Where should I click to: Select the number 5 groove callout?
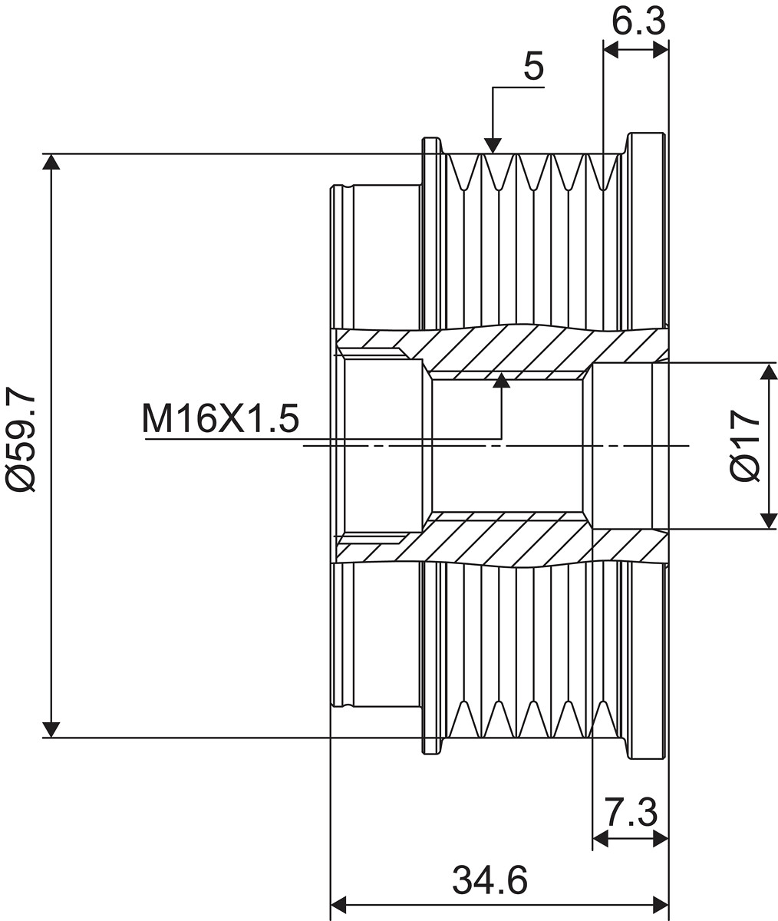coord(534,65)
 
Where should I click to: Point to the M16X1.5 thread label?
coord(220,418)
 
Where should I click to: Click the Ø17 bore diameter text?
coord(745,445)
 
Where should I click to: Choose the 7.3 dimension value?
coord(631,811)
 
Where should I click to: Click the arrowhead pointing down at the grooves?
coord(493,146)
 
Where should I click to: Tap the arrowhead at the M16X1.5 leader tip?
coord(502,380)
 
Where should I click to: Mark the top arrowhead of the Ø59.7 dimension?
coord(51,162)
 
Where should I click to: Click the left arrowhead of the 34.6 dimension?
coord(338,905)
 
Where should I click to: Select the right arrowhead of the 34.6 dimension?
coord(661,905)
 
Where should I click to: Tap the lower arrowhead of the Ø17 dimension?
coord(770,520)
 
